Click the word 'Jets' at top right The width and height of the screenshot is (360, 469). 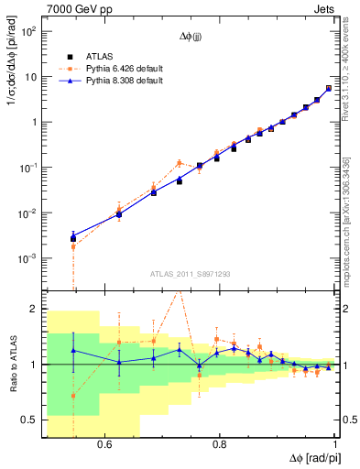(325, 9)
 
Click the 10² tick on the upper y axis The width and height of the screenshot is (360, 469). (28, 32)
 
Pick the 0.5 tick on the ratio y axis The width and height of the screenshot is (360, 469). (30, 420)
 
